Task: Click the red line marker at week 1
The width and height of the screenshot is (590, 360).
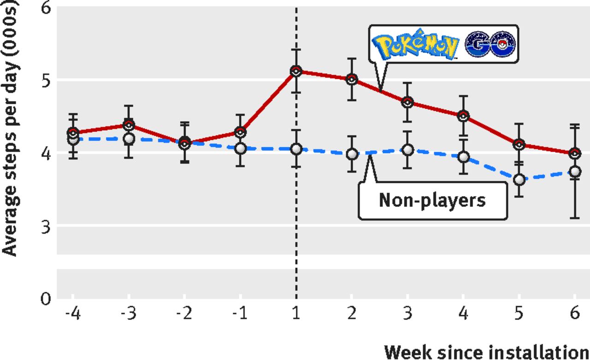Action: [x=296, y=71]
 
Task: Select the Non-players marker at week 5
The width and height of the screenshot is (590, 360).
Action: [x=519, y=179]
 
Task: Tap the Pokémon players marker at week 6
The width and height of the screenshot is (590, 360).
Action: [x=574, y=153]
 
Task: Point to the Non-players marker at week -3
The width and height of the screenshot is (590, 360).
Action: [x=129, y=138]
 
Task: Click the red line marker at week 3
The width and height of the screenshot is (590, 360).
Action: [x=407, y=102]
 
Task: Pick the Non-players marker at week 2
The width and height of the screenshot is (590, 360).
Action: [x=352, y=154]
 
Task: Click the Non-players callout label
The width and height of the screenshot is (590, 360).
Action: [x=432, y=201]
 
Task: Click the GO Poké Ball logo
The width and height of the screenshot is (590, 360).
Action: [x=490, y=44]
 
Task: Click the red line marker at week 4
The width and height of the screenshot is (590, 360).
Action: [x=463, y=116]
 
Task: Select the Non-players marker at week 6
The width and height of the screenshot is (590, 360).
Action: [x=574, y=171]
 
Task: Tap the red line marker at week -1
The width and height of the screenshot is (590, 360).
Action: [x=240, y=132]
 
